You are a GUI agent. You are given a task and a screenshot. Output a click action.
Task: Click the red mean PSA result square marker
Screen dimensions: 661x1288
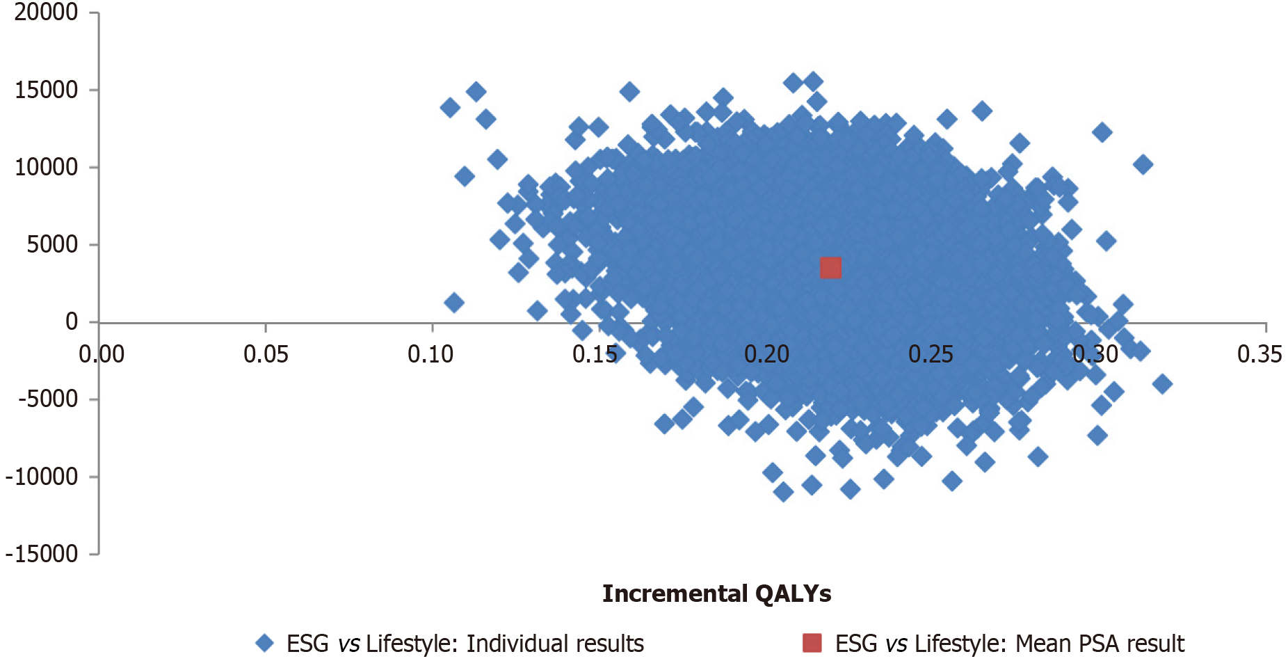point(830,268)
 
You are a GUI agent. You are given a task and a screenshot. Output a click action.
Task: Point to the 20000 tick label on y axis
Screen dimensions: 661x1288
point(46,13)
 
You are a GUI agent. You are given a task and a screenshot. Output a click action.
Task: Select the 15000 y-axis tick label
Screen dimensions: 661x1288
point(46,90)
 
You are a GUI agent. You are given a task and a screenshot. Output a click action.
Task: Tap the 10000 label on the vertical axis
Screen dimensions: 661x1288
point(46,167)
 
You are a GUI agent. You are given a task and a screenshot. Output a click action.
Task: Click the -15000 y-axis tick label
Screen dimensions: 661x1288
point(42,554)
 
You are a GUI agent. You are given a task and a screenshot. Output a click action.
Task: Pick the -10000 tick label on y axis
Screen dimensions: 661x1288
point(42,477)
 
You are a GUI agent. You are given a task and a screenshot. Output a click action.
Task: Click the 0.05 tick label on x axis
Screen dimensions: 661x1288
point(266,354)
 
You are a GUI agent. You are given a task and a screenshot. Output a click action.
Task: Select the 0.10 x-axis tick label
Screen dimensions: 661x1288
point(430,354)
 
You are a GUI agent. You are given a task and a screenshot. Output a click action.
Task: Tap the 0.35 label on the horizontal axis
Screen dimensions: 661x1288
point(1259,354)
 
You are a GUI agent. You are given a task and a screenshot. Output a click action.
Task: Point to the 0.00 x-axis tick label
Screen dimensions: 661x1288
point(102,354)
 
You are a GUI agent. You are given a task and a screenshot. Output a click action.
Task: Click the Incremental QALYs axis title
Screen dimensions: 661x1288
point(716,594)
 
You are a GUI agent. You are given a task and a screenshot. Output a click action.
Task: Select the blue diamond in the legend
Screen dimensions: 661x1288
point(264,643)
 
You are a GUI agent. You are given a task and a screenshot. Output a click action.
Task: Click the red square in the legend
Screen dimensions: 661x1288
point(812,643)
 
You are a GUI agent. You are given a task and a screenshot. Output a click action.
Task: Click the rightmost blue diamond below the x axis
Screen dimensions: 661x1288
point(1161,383)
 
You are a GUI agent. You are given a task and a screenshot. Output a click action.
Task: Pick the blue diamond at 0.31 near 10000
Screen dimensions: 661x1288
point(1142,165)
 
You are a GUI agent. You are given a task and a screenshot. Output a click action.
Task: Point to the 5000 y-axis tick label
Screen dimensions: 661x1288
point(52,244)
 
